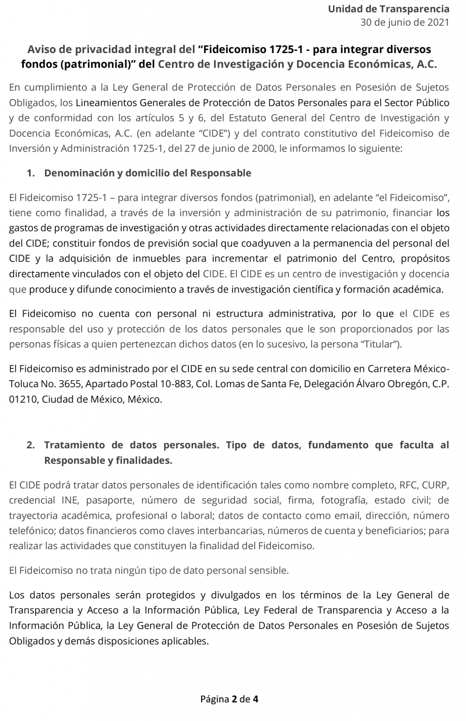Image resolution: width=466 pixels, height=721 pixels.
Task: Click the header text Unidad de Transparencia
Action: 388,9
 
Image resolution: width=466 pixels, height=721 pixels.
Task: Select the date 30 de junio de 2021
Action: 404,23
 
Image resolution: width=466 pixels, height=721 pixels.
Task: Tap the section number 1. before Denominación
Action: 31,173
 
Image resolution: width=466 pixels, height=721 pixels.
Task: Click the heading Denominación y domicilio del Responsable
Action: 148,173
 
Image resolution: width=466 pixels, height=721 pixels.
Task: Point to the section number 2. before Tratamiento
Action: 31,445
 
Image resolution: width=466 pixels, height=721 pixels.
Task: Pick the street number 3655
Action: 71,384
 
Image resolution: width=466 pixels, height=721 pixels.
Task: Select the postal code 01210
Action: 23,399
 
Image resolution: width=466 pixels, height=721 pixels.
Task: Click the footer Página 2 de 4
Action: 230,699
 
